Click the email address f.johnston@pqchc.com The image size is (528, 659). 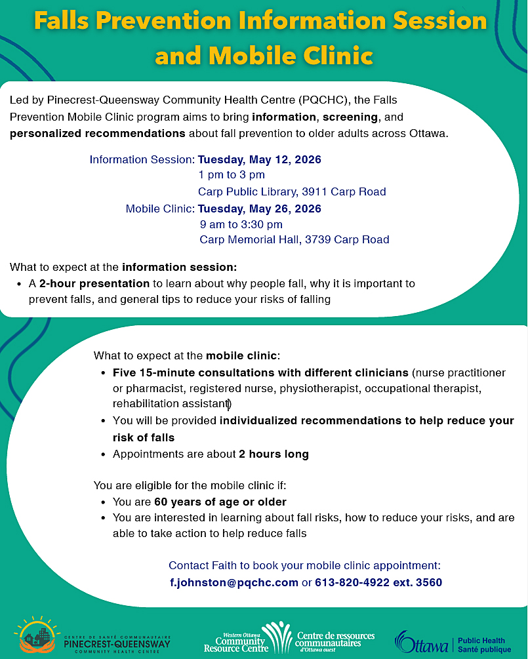click(234, 582)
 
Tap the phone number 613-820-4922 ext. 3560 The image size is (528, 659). click(378, 582)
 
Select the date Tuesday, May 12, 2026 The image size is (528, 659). click(260, 159)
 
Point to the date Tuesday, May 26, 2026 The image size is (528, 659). click(260, 209)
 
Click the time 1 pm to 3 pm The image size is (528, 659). click(232, 175)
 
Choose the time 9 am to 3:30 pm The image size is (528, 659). click(241, 224)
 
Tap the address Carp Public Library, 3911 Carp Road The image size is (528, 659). click(292, 191)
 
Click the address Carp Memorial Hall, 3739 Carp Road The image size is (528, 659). click(294, 240)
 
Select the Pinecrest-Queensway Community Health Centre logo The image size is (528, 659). click(95, 635)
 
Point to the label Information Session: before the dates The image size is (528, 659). click(142, 159)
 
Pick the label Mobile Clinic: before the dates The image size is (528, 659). click(161, 209)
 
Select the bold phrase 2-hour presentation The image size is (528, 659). click(94, 284)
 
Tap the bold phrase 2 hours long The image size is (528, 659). click(274, 454)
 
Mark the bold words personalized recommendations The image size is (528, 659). click(98, 134)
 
